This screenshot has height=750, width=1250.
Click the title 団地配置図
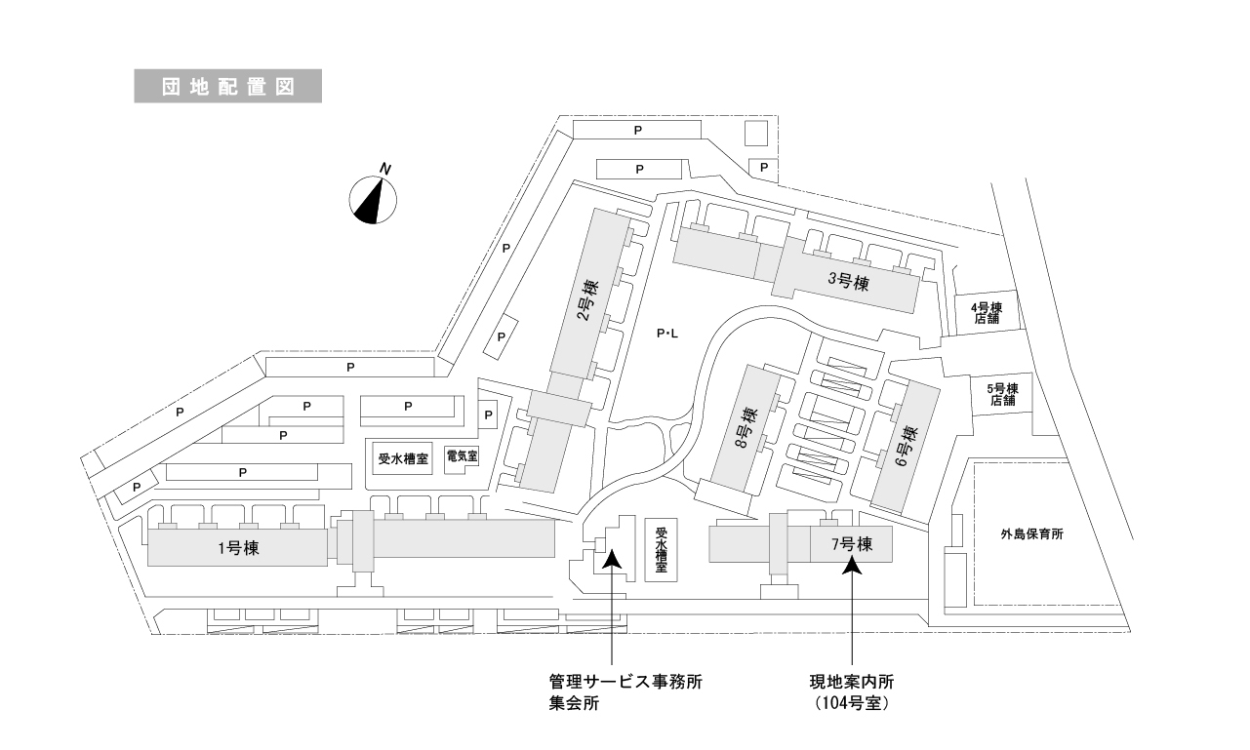227,85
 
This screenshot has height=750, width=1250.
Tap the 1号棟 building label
237,548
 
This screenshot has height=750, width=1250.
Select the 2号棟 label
587,300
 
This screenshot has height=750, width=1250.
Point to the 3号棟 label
848,282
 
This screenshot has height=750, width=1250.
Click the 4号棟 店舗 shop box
987,313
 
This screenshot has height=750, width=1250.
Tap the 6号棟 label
907,445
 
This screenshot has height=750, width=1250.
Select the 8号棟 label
746,430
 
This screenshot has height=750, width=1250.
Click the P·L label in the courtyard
666,336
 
